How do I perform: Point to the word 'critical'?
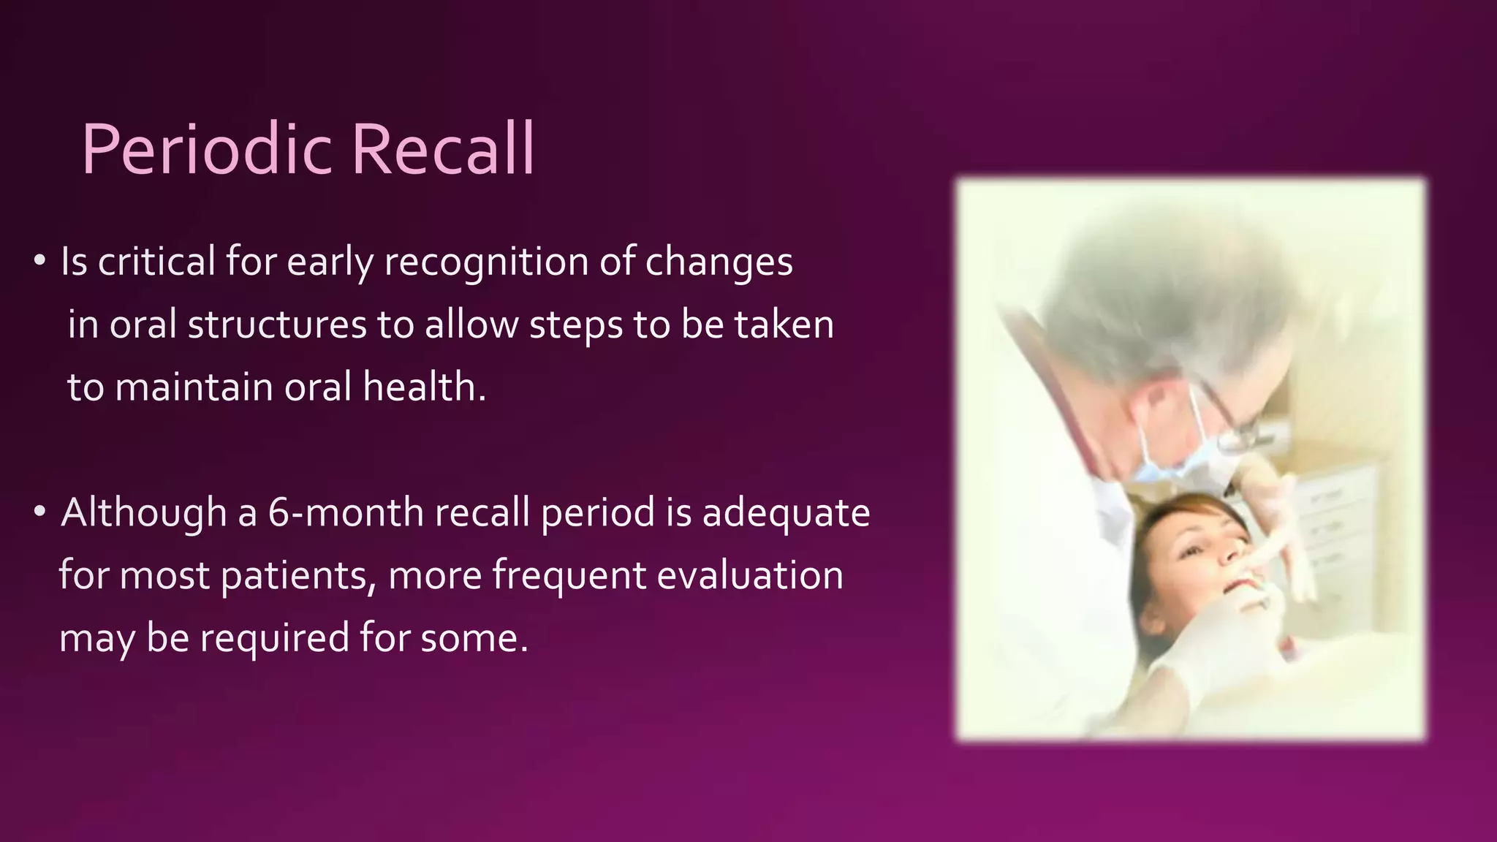click(x=156, y=261)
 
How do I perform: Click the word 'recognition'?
click(x=486, y=262)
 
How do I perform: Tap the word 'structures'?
click(x=277, y=325)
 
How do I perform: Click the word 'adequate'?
click(x=786, y=514)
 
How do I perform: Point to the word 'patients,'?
click(x=299, y=576)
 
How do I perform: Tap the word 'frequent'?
click(x=569, y=576)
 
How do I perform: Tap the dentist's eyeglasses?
click(x=1235, y=420)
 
